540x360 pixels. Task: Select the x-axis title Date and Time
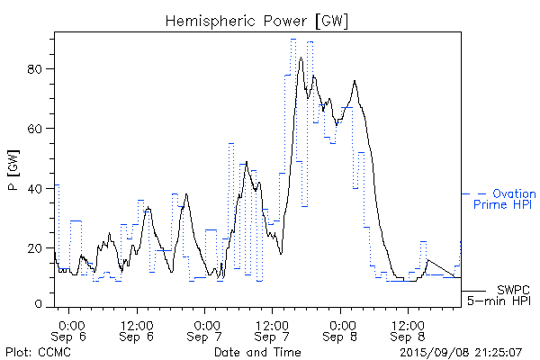pyautogui.click(x=258, y=351)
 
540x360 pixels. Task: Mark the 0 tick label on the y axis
pyautogui.click(x=45, y=306)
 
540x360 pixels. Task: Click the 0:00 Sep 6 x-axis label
pyautogui.click(x=71, y=329)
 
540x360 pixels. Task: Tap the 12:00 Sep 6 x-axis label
pyautogui.click(x=137, y=329)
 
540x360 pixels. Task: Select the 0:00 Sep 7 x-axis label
pyautogui.click(x=205, y=329)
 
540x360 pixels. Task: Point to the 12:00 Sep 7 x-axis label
pyautogui.click(x=272, y=329)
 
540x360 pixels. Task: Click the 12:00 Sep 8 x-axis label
pyautogui.click(x=408, y=329)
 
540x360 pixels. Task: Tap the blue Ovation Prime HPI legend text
pyautogui.click(x=504, y=199)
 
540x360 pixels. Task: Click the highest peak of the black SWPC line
pyautogui.click(x=301, y=58)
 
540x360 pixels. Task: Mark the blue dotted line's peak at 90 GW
pyautogui.click(x=293, y=40)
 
